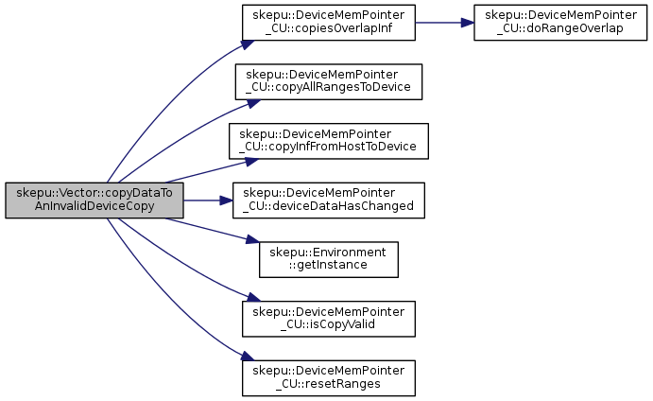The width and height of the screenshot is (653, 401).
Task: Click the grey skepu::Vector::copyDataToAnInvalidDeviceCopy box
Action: pyautogui.click(x=95, y=200)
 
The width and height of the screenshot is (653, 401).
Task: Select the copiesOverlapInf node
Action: pyautogui.click(x=329, y=23)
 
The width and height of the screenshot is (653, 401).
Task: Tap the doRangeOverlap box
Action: pyautogui.click(x=560, y=23)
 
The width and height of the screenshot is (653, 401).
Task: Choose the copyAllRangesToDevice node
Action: pyautogui.click(x=329, y=81)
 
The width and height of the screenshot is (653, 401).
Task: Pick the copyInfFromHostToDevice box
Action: pyautogui.click(x=329, y=141)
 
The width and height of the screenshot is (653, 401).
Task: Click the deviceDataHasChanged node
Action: pyautogui.click(x=329, y=200)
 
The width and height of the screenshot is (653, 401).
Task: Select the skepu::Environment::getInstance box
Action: pyautogui.click(x=329, y=259)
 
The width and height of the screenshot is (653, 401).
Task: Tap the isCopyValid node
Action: pyautogui.click(x=329, y=319)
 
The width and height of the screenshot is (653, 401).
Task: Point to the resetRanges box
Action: pyautogui.click(x=329, y=378)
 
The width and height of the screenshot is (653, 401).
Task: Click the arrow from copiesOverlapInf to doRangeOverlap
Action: pyautogui.click(x=444, y=23)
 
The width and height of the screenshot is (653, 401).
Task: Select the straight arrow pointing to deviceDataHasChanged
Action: pyautogui.click(x=208, y=200)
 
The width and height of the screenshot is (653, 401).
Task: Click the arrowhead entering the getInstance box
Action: pyautogui.click(x=252, y=240)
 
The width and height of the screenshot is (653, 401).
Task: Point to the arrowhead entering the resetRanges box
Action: pyautogui.click(x=248, y=357)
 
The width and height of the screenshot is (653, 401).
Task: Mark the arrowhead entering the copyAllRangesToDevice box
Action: pyautogui.click(x=253, y=103)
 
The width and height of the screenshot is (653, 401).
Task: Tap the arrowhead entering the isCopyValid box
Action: pyautogui.click(x=253, y=297)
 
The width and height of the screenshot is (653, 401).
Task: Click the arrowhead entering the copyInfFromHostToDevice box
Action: pyautogui.click(x=252, y=161)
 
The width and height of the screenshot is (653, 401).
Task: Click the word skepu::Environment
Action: pyautogui.click(x=328, y=253)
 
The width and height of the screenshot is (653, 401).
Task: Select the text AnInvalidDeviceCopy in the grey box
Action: pyautogui.click(x=95, y=206)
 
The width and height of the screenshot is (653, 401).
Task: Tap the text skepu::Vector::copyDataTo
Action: pyautogui.click(x=95, y=193)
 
